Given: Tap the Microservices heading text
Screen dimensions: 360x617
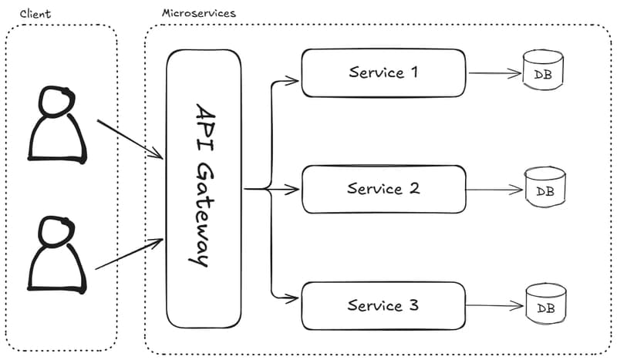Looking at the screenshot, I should [198, 14].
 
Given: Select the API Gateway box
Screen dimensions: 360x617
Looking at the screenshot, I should [204, 185].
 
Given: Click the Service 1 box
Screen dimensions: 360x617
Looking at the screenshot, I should [383, 73].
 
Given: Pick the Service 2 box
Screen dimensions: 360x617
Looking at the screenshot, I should [383, 189].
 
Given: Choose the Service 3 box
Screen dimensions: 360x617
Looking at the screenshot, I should [383, 306].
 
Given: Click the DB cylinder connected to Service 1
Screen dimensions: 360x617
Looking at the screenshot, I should [543, 70].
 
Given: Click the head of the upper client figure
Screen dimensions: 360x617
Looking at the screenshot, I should [55, 101].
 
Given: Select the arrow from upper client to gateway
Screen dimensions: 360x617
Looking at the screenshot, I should [130, 140].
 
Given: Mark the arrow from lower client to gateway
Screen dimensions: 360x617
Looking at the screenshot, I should [130, 254].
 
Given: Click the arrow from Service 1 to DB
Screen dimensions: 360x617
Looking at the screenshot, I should [494, 75].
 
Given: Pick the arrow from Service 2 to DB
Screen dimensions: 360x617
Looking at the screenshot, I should [494, 190].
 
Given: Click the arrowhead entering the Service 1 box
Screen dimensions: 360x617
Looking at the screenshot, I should [294, 79].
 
